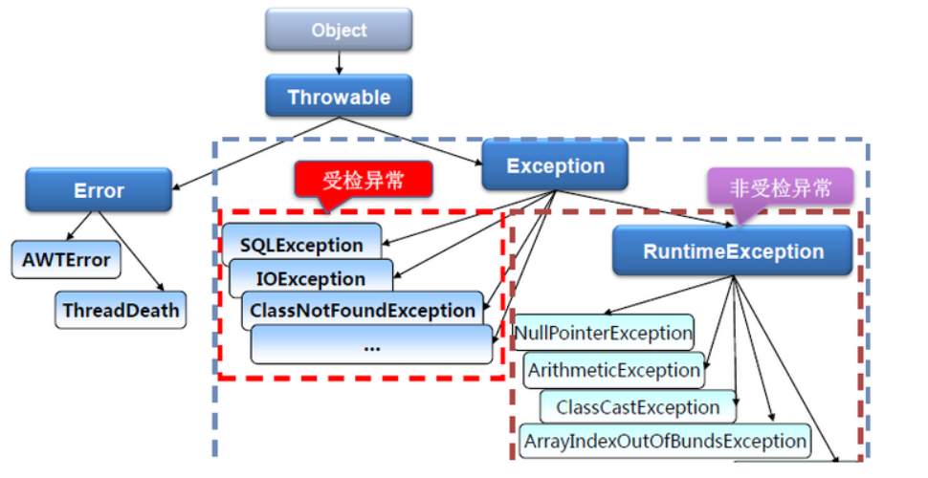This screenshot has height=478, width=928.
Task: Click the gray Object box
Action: pyautogui.click(x=339, y=30)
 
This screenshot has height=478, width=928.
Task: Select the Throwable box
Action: pyautogui.click(x=339, y=96)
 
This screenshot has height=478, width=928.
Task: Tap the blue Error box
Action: pyautogui.click(x=99, y=190)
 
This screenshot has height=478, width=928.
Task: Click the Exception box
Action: pyautogui.click(x=555, y=165)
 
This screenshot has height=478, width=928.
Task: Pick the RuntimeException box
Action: pyautogui.click(x=733, y=250)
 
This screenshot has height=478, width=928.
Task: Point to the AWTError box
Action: pyautogui.click(x=66, y=259)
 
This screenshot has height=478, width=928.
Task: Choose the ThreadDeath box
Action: pyautogui.click(x=121, y=310)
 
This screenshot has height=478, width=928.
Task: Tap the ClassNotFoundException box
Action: pyautogui.click(x=363, y=310)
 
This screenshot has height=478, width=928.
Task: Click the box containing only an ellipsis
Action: pyautogui.click(x=371, y=344)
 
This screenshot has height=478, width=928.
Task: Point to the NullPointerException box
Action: pyautogui.click(x=604, y=333)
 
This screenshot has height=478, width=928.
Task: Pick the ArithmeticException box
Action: pyautogui.click(x=614, y=370)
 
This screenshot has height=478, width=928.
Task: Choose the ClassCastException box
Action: pyautogui.click(x=638, y=407)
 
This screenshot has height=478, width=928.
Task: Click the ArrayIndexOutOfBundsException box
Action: pyautogui.click(x=665, y=441)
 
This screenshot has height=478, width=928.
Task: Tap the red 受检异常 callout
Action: pyautogui.click(x=364, y=180)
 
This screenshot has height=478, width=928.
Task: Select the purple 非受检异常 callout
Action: pyautogui.click(x=780, y=189)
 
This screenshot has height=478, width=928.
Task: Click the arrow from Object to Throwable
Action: pyautogui.click(x=339, y=63)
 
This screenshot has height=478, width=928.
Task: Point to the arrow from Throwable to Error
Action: pyautogui.click(x=255, y=153)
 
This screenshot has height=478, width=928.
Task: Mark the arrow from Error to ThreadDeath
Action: pyautogui.click(x=131, y=251)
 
